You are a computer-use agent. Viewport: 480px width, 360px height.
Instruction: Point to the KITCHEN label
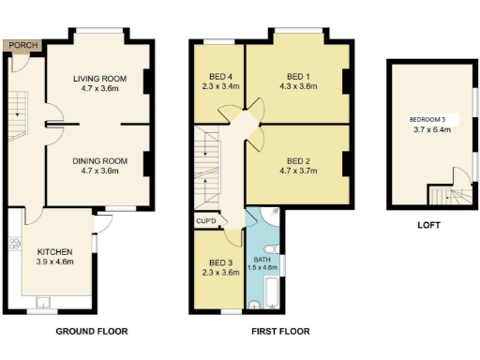54,251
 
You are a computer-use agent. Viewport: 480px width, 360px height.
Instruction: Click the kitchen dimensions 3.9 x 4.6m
54,262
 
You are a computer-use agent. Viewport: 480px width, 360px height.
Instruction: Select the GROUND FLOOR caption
91,331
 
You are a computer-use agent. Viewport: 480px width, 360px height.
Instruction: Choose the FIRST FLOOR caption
280,331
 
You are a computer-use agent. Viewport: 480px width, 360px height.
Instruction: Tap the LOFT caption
429,225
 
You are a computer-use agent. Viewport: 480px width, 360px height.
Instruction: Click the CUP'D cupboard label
206,221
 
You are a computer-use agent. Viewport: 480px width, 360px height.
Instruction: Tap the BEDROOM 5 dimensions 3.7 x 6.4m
433,129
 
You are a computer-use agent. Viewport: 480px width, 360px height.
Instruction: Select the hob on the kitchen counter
14,243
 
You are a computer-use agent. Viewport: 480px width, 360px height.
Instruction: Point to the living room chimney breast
147,82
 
